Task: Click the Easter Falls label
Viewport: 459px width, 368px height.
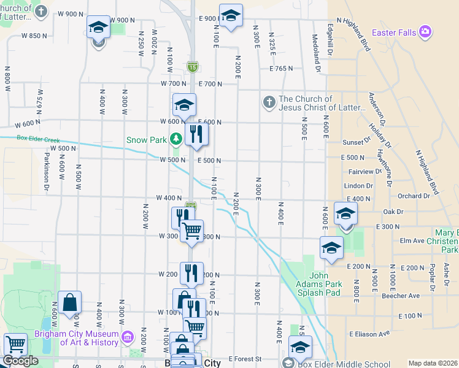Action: (x=395, y=32)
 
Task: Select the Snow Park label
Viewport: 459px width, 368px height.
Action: (x=147, y=140)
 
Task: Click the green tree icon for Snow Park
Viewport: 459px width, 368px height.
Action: (x=176, y=139)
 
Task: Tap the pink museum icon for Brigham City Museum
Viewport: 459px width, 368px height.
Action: (x=128, y=337)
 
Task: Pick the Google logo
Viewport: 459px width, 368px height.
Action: (x=20, y=361)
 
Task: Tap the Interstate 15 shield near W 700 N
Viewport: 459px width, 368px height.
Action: (x=192, y=66)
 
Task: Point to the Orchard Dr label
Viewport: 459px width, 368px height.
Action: (x=414, y=196)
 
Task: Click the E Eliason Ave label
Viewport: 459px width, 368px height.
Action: (x=369, y=334)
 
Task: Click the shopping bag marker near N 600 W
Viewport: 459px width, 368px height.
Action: (x=71, y=302)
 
